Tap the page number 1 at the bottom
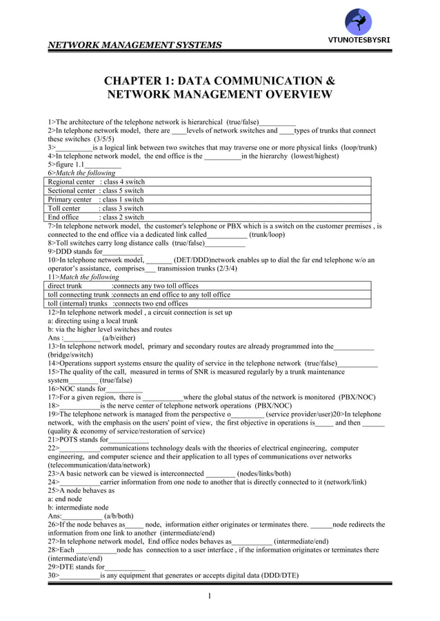tap(219, 596)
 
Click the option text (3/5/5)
tap(88, 138)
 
